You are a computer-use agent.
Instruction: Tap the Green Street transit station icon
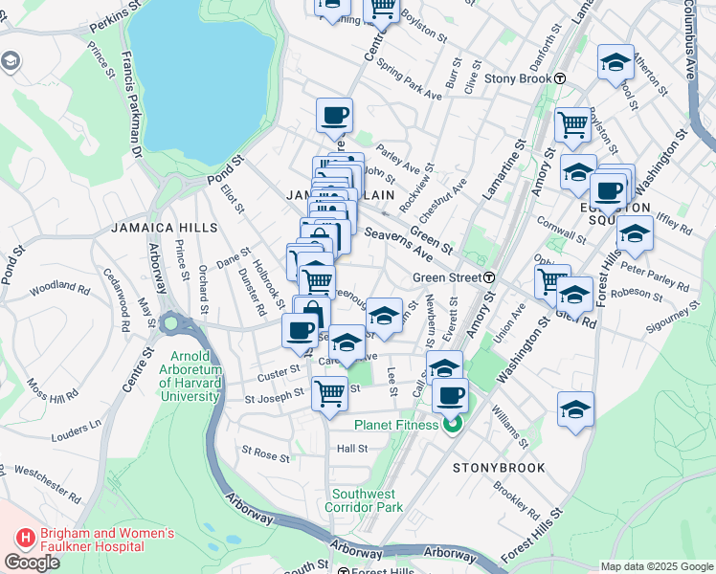click(x=489, y=277)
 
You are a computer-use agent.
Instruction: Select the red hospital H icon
click(x=26, y=540)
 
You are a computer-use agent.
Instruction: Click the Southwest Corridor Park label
click(x=368, y=500)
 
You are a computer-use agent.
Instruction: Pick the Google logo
click(x=32, y=562)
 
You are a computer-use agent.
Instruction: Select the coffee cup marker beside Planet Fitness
click(x=450, y=393)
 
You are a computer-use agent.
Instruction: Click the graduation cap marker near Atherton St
click(x=615, y=62)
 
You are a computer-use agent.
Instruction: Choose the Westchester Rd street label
click(x=47, y=485)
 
